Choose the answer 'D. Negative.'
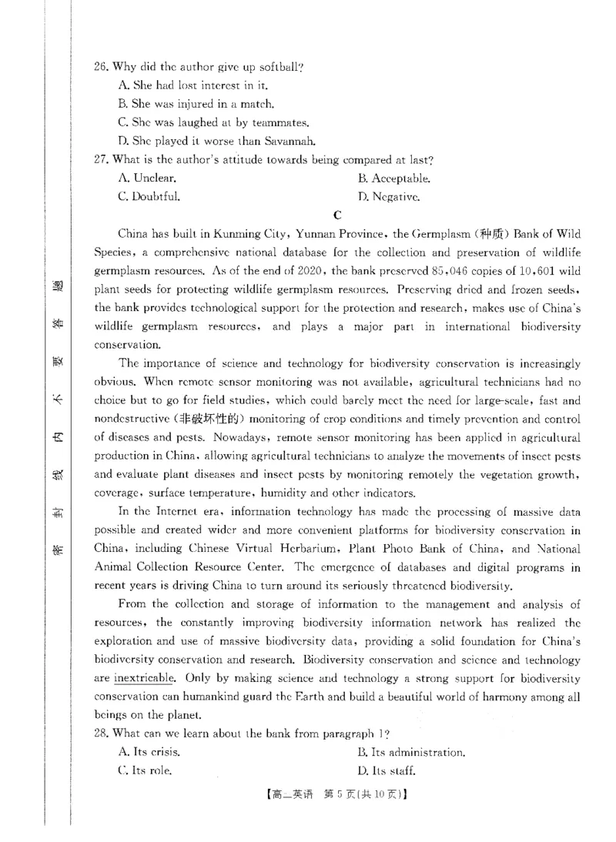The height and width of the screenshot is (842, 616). tap(389, 196)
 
